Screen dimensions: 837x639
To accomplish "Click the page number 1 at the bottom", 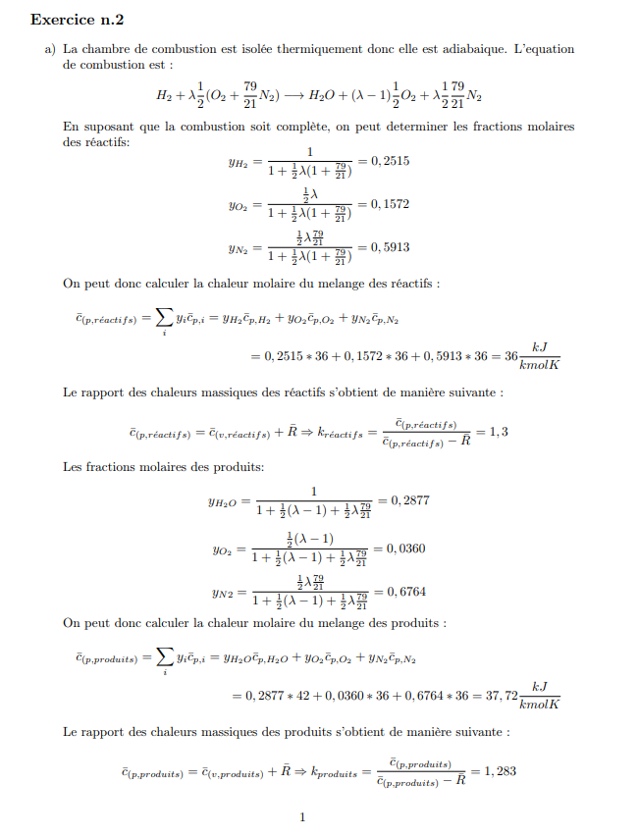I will pyautogui.click(x=302, y=817).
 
